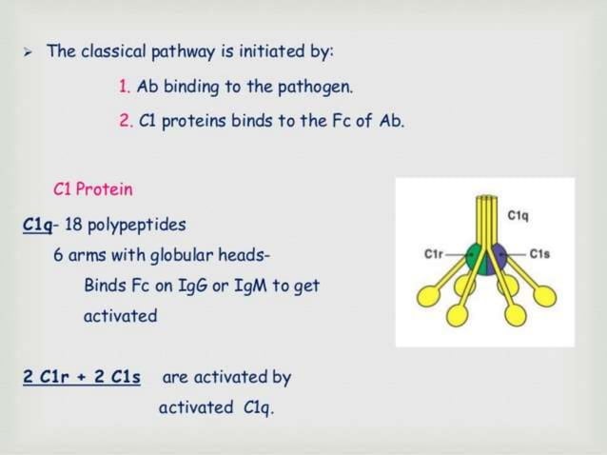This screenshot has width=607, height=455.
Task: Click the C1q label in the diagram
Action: [519, 215]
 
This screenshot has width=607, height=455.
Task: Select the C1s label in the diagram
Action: [539, 254]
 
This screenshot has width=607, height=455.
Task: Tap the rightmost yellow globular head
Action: [545, 294]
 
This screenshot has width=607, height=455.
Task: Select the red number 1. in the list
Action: [125, 87]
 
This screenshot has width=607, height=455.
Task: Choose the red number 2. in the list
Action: [125, 122]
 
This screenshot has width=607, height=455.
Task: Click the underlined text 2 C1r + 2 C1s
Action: [82, 377]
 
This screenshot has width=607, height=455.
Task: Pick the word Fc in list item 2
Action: [326, 122]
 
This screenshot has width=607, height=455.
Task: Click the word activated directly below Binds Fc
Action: [120, 316]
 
